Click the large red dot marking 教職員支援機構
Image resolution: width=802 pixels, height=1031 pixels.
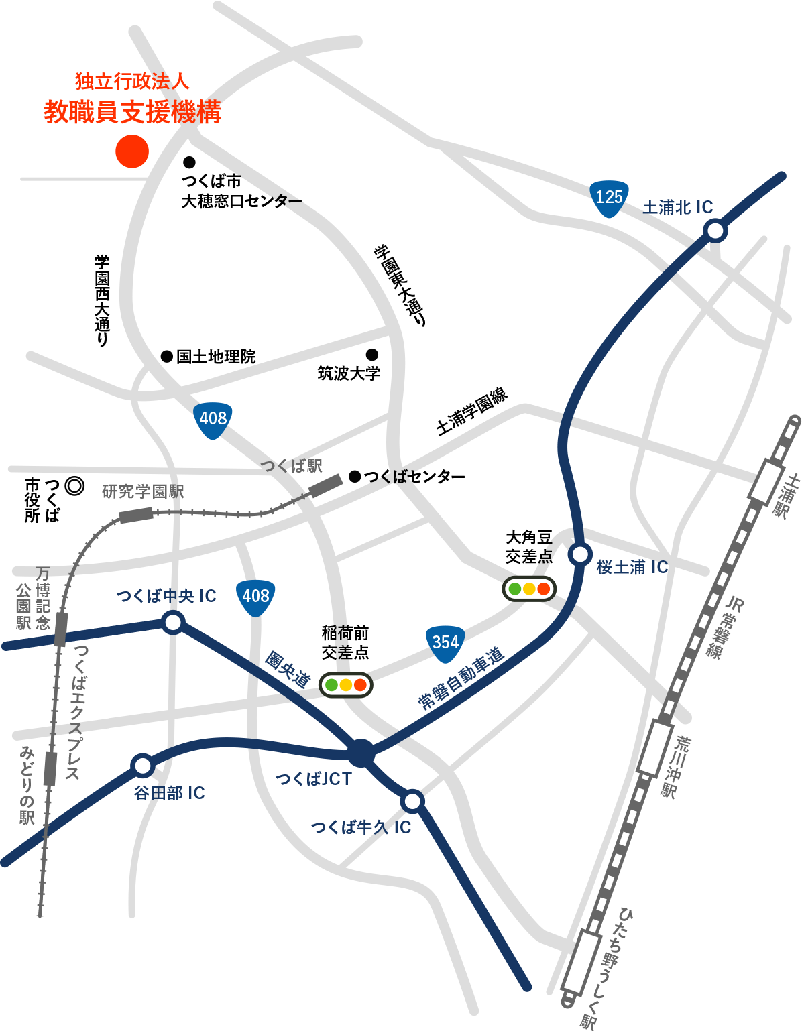[131, 151]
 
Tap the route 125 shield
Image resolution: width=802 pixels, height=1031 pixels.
[609, 198]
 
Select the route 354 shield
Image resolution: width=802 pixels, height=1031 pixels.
[445, 644]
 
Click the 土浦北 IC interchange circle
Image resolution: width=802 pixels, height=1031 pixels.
[715, 231]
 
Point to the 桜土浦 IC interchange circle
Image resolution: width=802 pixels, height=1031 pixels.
[580, 554]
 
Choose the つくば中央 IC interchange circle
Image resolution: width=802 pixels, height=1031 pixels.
[173, 623]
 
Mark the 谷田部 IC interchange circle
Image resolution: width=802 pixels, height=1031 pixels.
[142, 765]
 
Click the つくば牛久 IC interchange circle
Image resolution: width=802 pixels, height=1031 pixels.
[412, 800]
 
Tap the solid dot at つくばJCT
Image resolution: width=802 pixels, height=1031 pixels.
[361, 753]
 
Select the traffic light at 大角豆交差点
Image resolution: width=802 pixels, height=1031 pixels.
[529, 589]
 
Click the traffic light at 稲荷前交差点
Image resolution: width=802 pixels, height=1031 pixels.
[345, 685]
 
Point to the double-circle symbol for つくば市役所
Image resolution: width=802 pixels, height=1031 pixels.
[74, 485]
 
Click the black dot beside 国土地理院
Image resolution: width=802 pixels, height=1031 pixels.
[166, 357]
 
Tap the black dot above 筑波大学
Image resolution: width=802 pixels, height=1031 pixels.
[371, 355]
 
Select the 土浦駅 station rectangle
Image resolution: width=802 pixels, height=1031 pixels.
[766, 482]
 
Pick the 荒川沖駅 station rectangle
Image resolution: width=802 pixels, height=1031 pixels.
[656, 747]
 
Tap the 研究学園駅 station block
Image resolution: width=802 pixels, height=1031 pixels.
[136, 515]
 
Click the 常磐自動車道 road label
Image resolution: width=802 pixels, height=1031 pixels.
[461, 678]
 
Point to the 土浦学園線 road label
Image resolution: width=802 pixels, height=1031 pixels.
[471, 412]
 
